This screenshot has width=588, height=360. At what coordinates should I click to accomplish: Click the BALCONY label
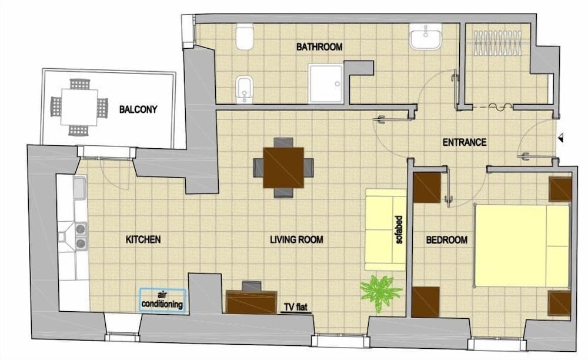click(138, 109)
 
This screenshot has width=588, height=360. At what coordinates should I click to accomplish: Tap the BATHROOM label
click(319, 47)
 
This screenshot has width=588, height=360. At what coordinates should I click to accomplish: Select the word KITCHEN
click(143, 240)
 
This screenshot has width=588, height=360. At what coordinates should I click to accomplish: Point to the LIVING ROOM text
click(297, 240)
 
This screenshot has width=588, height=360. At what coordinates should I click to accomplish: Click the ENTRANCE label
click(465, 142)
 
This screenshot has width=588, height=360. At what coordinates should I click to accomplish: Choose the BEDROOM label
click(447, 240)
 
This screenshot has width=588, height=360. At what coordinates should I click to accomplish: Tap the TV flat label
click(296, 307)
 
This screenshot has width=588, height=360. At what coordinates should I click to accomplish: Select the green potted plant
click(377, 292)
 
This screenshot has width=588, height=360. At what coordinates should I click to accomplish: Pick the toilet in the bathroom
click(243, 37)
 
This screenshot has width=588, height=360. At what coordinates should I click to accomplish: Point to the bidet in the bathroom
click(243, 90)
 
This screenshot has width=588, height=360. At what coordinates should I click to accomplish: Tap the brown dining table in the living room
click(283, 167)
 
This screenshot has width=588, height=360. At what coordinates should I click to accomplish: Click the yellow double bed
click(522, 245)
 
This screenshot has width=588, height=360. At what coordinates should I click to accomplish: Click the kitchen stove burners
click(79, 235)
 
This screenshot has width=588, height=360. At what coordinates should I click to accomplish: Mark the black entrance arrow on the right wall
click(562, 138)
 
